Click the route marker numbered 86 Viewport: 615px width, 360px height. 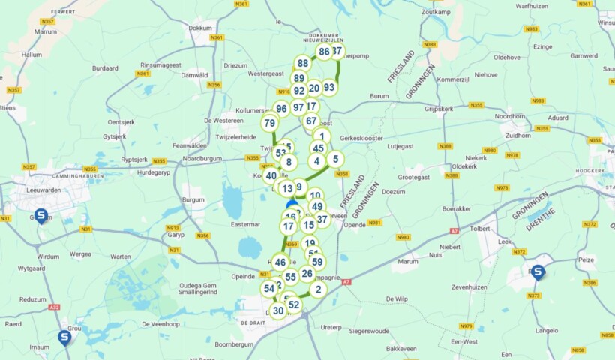[324, 52]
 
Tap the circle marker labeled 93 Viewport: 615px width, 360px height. [329, 87]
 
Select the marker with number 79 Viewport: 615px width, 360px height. [269, 123]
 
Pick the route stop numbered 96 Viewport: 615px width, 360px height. [281, 109]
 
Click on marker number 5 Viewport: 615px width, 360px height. [335, 159]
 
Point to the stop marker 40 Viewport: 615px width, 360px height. [271, 175]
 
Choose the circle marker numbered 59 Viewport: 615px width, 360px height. [317, 262]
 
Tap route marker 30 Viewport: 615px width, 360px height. [278, 310]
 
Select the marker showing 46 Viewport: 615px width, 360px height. [280, 262]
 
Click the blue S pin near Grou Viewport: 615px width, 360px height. [64, 337]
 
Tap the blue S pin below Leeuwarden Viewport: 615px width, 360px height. [41, 216]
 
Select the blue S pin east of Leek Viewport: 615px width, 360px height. [537, 271]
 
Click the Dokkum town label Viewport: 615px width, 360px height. [201, 28]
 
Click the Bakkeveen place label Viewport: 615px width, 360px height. [400, 349]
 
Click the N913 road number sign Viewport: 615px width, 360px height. [173, 229]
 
